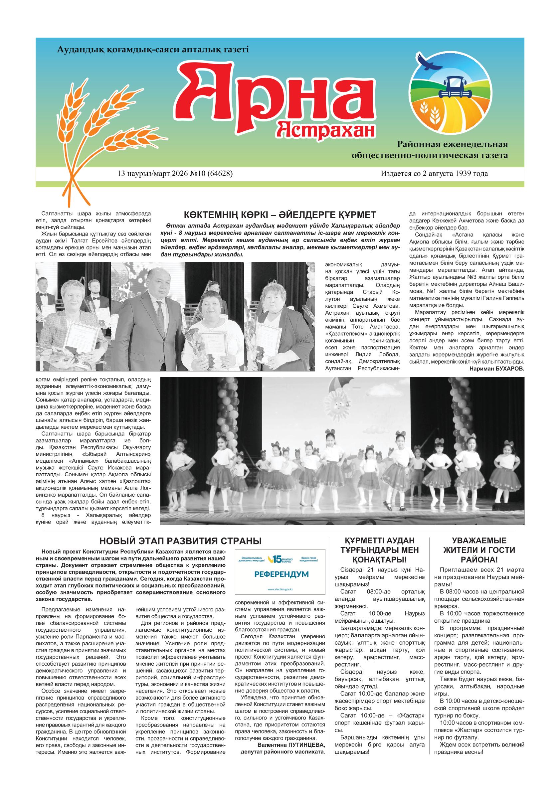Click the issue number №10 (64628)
[212, 174]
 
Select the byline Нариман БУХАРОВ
[497, 369]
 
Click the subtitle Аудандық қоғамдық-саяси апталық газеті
[152, 49]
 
